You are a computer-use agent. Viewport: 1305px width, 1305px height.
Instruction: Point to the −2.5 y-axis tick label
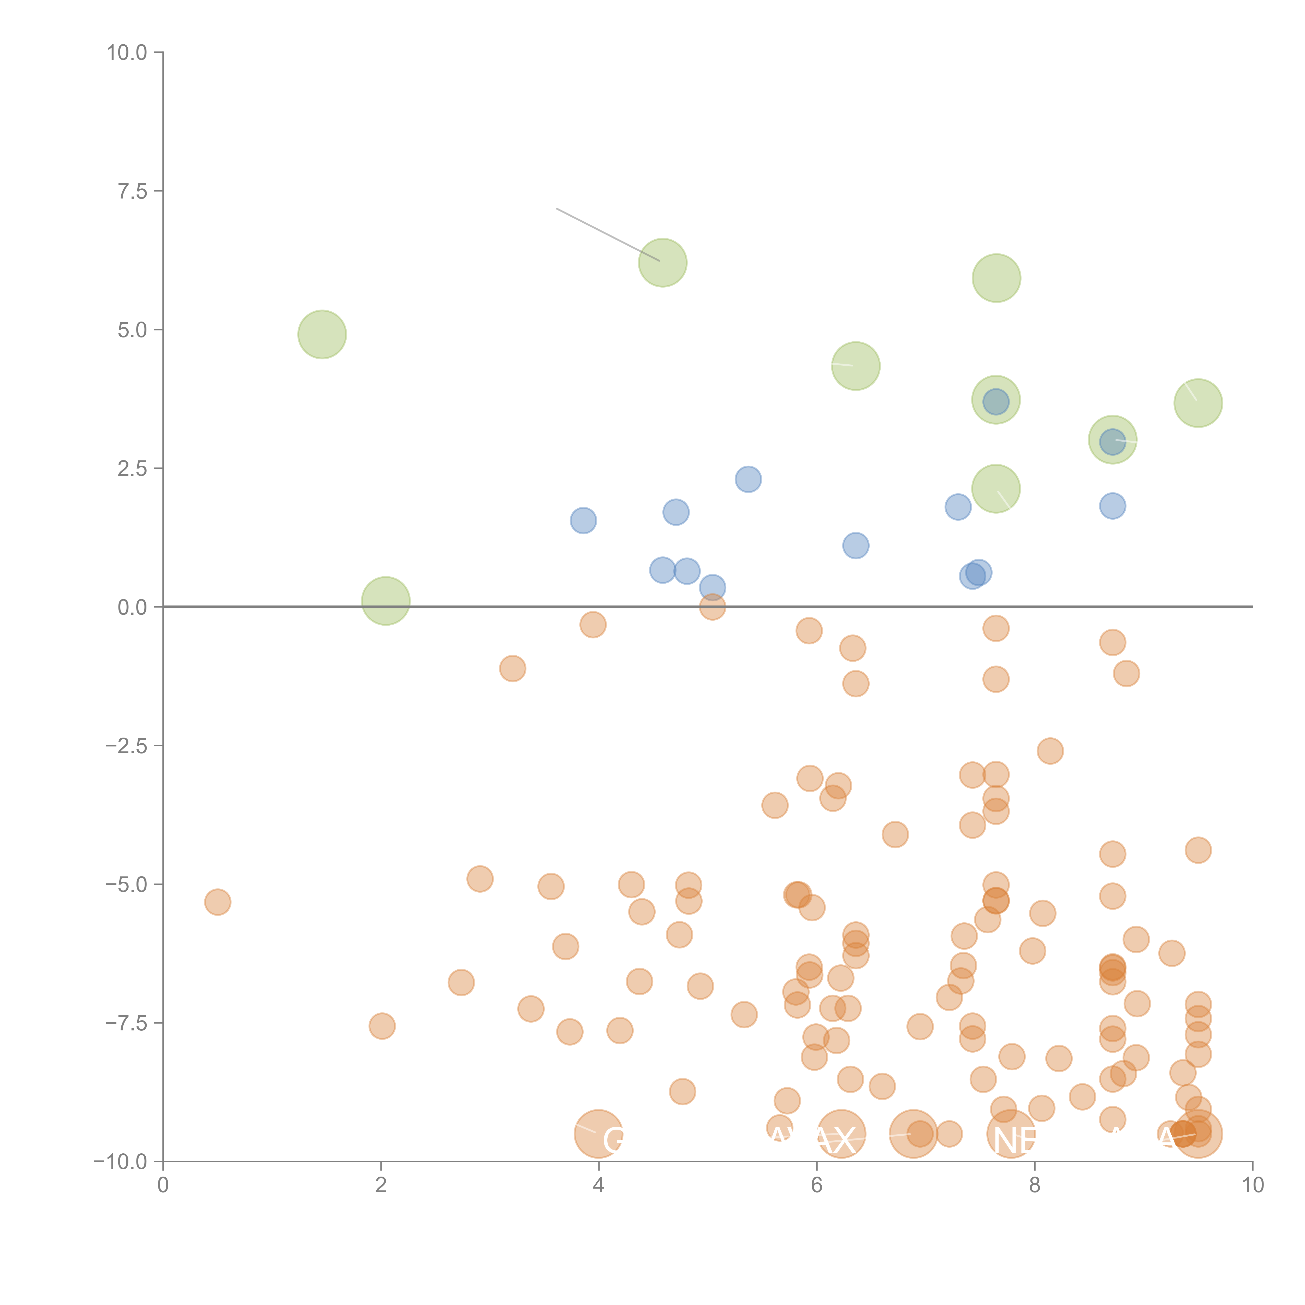click(126, 746)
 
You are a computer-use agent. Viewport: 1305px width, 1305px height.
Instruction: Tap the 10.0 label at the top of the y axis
click(127, 53)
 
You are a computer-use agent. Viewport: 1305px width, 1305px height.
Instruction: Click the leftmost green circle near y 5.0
click(322, 334)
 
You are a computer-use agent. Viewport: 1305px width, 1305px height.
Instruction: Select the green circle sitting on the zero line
click(386, 601)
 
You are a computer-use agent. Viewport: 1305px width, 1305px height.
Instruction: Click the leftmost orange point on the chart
click(217, 902)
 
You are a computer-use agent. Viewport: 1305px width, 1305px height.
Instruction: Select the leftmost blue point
click(583, 520)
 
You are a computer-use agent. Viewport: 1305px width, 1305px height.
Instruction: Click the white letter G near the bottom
click(613, 1140)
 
